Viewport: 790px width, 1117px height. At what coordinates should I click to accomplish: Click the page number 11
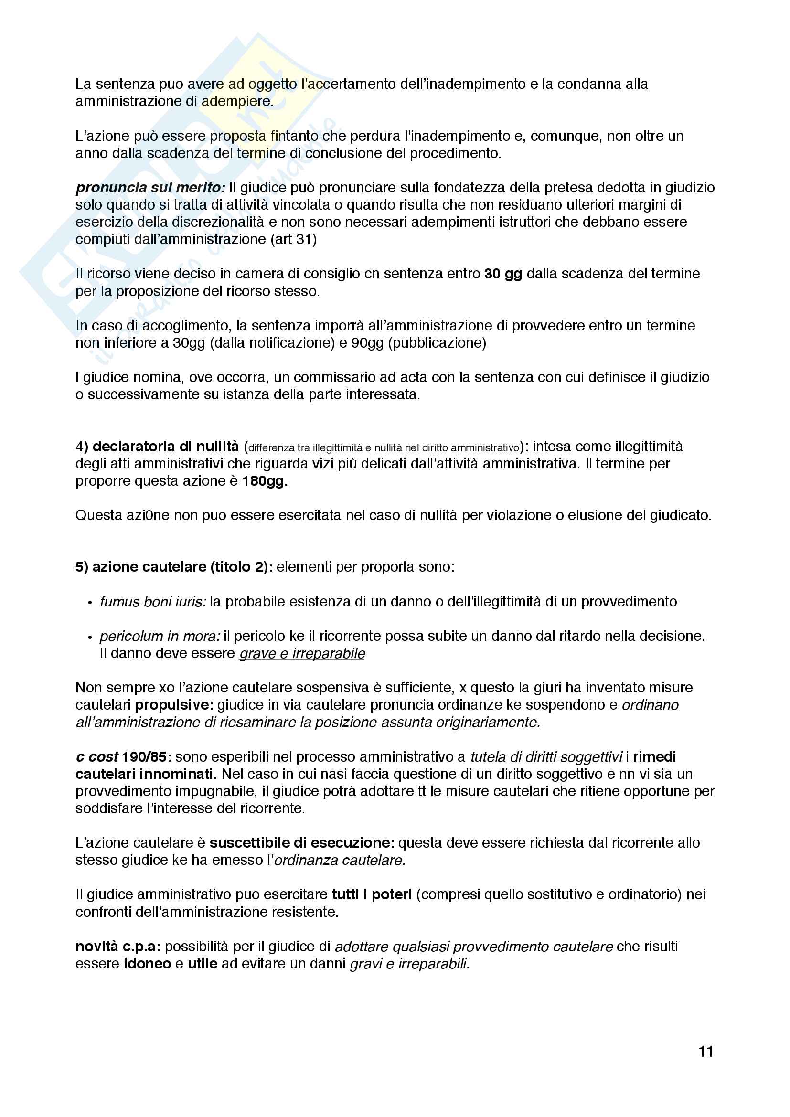click(705, 1052)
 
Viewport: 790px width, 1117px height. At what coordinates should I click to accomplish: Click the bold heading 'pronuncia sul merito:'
click(150, 188)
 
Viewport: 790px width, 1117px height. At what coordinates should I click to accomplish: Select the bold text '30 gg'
click(503, 274)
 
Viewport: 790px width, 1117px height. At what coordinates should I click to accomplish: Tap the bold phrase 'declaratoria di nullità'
click(165, 446)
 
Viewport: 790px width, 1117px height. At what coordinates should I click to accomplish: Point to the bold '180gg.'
click(265, 481)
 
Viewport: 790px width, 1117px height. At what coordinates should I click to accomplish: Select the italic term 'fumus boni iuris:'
click(153, 602)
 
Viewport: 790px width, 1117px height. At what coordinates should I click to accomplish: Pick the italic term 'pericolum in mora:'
click(160, 636)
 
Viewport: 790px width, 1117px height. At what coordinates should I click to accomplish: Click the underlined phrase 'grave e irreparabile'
click(301, 653)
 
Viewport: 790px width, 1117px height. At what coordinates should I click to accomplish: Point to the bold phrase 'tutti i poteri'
click(372, 894)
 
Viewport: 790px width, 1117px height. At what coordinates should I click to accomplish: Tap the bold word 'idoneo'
click(148, 964)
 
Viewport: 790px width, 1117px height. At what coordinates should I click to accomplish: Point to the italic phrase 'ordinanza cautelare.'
click(340, 861)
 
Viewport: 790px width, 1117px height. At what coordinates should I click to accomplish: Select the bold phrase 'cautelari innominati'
click(144, 774)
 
